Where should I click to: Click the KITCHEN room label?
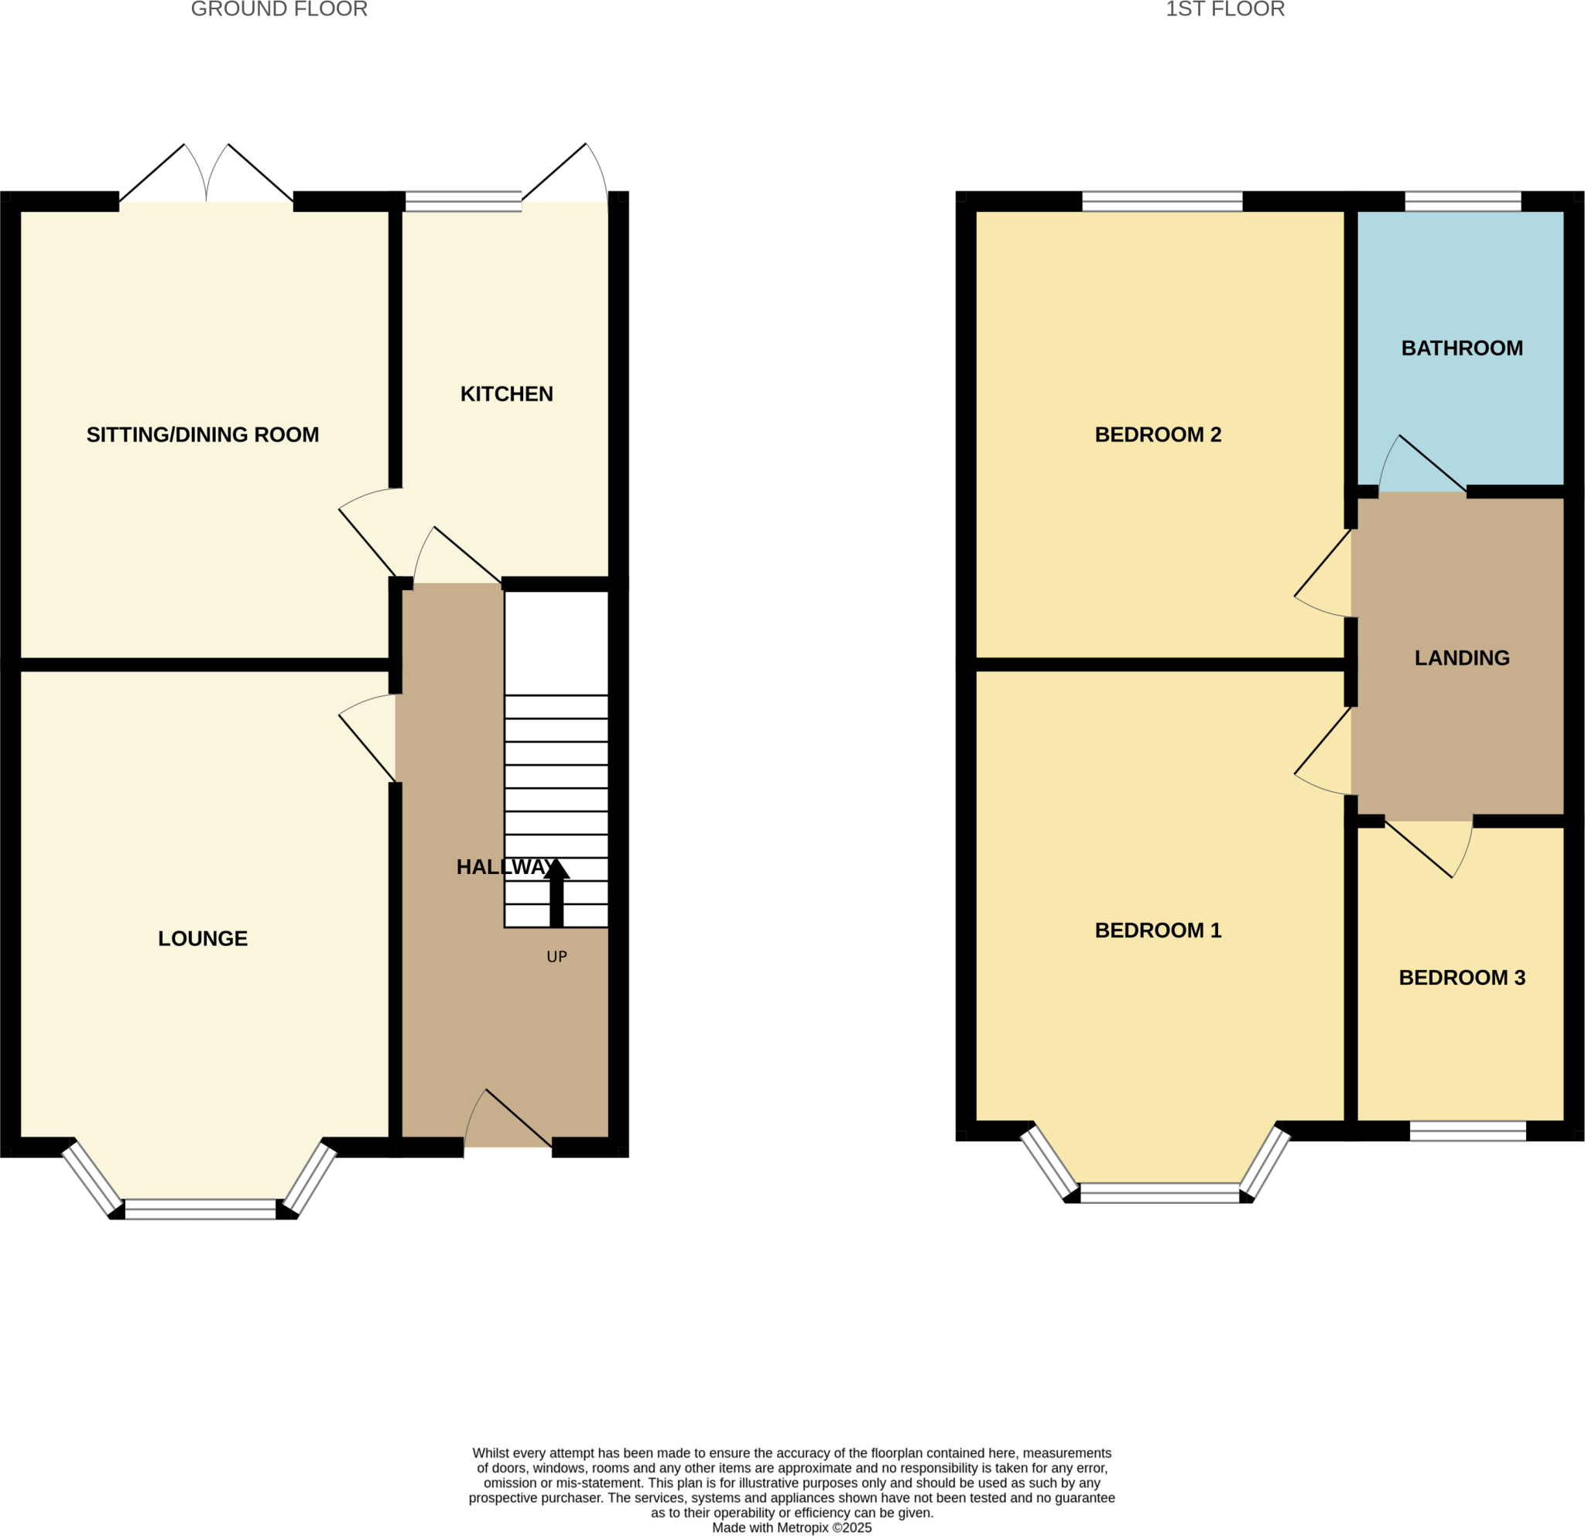click(506, 394)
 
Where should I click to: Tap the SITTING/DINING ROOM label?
click(202, 435)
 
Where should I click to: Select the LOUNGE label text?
click(202, 938)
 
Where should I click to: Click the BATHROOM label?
click(1461, 348)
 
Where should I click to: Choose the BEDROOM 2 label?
click(1157, 435)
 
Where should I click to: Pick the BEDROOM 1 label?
click(1157, 930)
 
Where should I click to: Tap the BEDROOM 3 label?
click(1461, 978)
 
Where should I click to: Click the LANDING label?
click(1461, 658)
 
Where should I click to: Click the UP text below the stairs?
click(556, 957)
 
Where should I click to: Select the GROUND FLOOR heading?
click(279, 10)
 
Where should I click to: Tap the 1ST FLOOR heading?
click(1224, 10)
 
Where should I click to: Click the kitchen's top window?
click(463, 201)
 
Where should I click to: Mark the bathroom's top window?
click(1462, 201)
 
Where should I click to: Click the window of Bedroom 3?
click(1467, 1131)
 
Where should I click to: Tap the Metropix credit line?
click(792, 1528)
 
